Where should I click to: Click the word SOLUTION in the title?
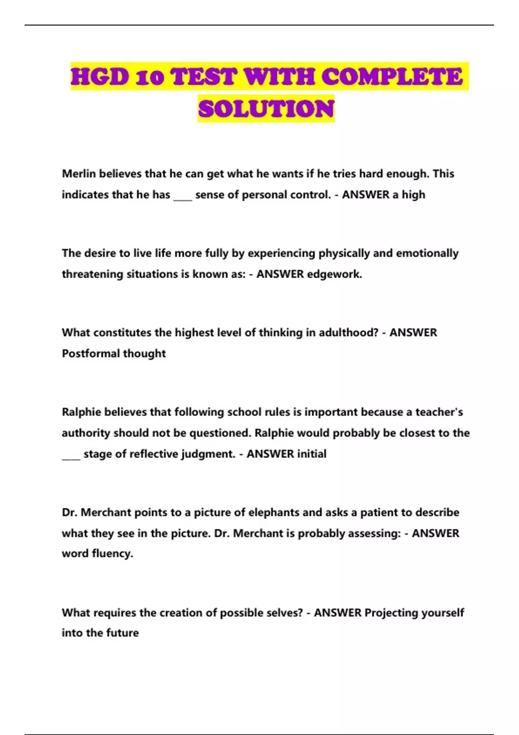266,109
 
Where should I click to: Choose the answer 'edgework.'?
334,274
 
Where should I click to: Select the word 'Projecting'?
391,613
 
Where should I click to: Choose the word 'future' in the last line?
124,633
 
